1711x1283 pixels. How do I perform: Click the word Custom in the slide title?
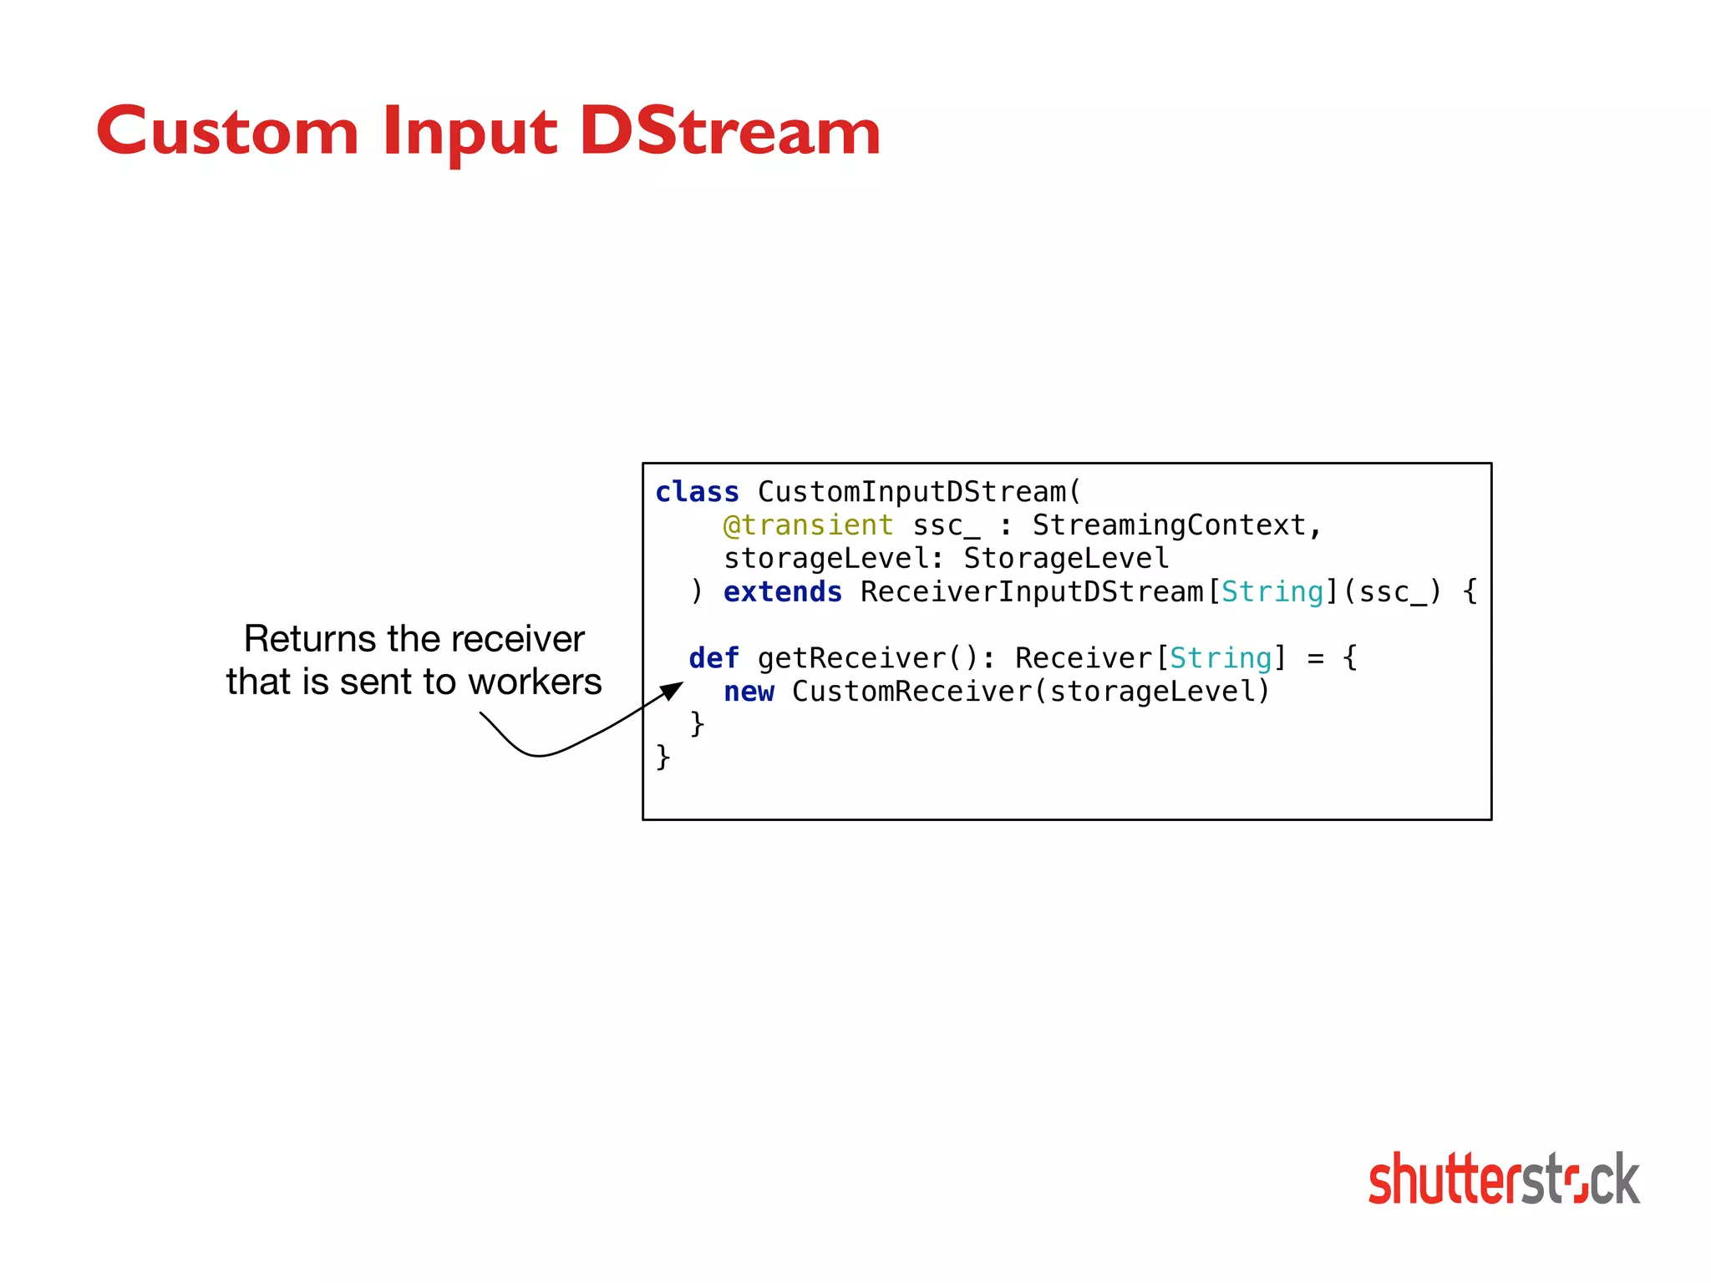227,132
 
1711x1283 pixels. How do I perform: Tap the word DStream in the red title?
729,132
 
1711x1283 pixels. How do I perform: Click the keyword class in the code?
697,492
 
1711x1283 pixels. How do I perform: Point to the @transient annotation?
808,525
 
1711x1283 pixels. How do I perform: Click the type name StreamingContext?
1170,525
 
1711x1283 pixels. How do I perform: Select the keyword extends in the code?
782,592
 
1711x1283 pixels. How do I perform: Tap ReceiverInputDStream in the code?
1033,592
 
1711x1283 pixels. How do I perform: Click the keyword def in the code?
713,658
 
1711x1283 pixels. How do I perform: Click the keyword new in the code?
749,692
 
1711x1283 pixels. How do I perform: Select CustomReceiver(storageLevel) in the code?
1030,692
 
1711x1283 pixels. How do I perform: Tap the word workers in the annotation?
535,682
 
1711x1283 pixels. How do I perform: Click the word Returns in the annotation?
309,639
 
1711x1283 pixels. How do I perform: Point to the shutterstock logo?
1504,1179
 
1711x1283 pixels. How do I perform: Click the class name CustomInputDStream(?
919,492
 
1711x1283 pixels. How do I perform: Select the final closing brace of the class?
663,757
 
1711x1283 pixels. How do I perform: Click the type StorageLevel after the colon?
1066,559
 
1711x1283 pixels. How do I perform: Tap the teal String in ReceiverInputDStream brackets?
1272,592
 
